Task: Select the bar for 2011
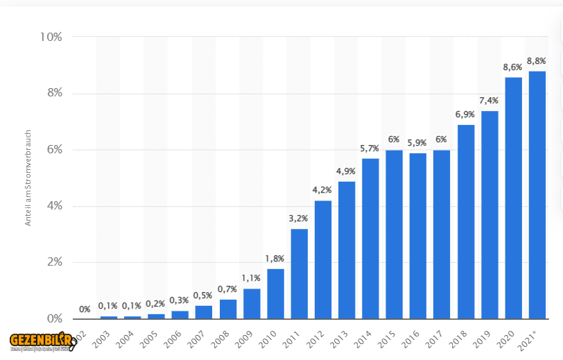pyautogui.click(x=299, y=273)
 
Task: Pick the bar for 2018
pyautogui.click(x=465, y=221)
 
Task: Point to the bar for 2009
pyautogui.click(x=252, y=303)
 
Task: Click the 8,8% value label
pyautogui.click(x=537, y=61)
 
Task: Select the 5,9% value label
pyautogui.click(x=417, y=143)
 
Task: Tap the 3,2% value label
pyautogui.click(x=299, y=218)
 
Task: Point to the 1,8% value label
pyautogui.click(x=275, y=259)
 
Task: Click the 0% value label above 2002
pyautogui.click(x=85, y=309)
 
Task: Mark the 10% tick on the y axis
pyautogui.click(x=50, y=37)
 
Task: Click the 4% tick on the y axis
pyautogui.click(x=53, y=206)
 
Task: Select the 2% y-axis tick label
pyautogui.click(x=53, y=262)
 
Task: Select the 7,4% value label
pyautogui.click(x=490, y=101)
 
